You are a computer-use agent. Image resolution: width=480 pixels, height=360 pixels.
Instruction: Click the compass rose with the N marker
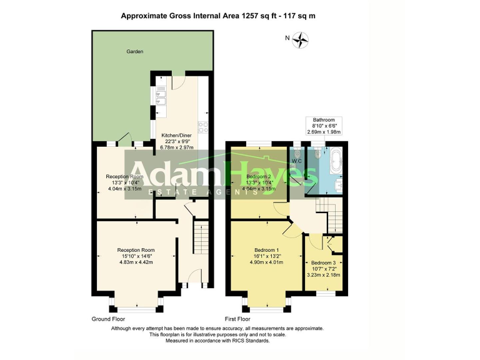pyautogui.click(x=300, y=41)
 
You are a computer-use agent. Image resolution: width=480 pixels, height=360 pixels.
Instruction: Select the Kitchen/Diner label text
pyautogui.click(x=177, y=135)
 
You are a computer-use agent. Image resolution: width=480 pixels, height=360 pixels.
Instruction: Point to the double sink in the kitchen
pyautogui.click(x=160, y=94)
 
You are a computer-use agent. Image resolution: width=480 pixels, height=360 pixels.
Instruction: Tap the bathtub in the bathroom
pyautogui.click(x=331, y=160)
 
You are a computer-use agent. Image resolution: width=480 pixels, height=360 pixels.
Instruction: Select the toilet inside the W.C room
pyautogui.click(x=297, y=153)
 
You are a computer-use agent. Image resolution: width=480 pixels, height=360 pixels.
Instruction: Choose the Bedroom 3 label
pyautogui.click(x=323, y=262)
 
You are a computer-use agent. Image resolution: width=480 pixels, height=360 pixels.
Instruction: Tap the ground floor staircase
pyautogui.click(x=200, y=238)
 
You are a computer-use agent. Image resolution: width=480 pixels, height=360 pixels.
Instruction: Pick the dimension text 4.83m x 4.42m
pyautogui.click(x=136, y=262)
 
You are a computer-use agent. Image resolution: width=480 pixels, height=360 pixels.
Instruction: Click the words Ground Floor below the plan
pyautogui.click(x=109, y=319)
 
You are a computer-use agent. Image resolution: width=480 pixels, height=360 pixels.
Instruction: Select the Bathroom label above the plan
pyautogui.click(x=324, y=119)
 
